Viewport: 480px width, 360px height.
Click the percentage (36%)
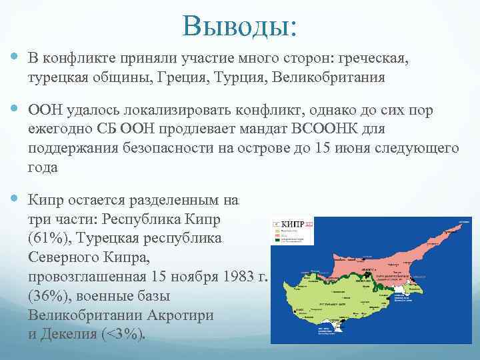pyautogui.click(x=47, y=295)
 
